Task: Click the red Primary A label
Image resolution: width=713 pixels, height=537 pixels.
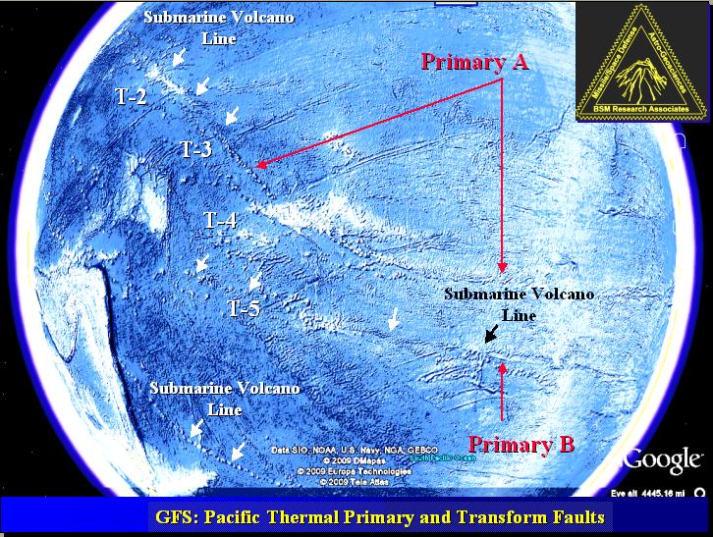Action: [475, 62]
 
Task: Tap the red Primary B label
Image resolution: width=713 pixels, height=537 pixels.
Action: [521, 444]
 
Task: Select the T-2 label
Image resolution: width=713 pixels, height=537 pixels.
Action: [129, 96]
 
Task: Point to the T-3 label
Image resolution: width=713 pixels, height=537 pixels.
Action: [195, 149]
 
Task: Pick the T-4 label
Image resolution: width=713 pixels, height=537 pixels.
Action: [220, 220]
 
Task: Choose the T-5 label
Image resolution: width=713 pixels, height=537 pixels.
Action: [244, 308]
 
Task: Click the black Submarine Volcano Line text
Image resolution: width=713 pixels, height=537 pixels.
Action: [519, 304]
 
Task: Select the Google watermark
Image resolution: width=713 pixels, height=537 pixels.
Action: [664, 458]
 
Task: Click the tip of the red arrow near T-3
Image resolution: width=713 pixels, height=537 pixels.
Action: [254, 168]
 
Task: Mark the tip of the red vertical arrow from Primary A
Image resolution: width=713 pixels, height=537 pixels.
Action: [502, 272]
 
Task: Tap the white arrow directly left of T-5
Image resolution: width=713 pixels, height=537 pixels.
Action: [201, 264]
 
